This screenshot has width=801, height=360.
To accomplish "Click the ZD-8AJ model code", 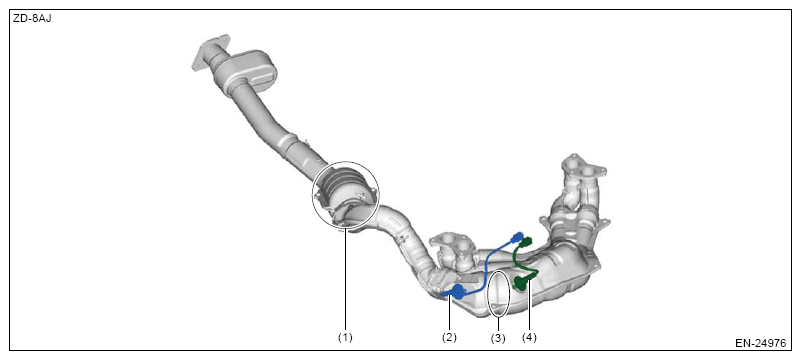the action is [x=32, y=19].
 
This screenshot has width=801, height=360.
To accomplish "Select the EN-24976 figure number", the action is [x=760, y=343].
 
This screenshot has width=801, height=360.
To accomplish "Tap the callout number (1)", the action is [x=346, y=338].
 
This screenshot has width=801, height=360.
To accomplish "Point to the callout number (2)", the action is [x=450, y=338].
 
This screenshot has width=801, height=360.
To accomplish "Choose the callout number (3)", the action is [x=498, y=339].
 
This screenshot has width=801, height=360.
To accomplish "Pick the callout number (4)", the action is [x=529, y=338].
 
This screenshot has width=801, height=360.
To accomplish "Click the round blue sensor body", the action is [x=457, y=292].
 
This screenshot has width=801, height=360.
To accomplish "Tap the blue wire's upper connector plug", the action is [x=517, y=237].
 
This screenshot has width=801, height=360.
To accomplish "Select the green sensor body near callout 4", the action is [x=522, y=281].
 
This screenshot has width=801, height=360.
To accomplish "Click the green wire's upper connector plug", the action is [x=527, y=242].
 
